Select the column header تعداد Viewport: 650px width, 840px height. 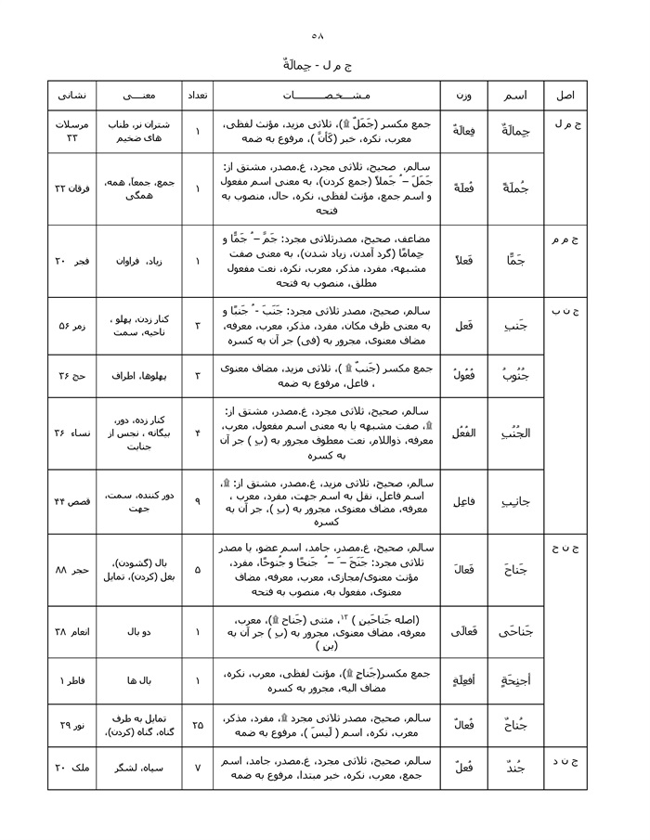(x=197, y=96)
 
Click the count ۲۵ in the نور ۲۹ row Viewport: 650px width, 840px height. (x=197, y=727)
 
